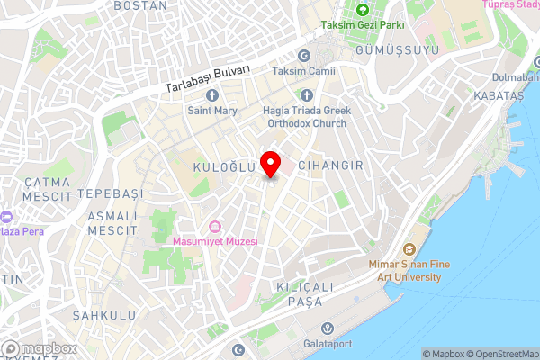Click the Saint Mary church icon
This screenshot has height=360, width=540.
click(212, 95)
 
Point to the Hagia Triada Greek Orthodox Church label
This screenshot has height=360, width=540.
click(306, 117)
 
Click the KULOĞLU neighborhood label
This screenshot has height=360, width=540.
click(219, 168)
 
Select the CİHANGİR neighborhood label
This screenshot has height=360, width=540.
click(329, 166)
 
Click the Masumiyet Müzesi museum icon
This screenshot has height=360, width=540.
click(214, 226)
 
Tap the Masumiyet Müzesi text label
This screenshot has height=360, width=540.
click(215, 241)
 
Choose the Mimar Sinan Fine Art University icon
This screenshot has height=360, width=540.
click(408, 248)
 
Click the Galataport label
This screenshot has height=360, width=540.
click(328, 343)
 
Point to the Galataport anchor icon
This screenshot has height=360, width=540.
click(328, 327)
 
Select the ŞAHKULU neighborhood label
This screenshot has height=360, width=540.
click(103, 315)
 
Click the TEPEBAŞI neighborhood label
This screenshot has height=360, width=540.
click(110, 194)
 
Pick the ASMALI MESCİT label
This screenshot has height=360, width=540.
click(112, 223)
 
